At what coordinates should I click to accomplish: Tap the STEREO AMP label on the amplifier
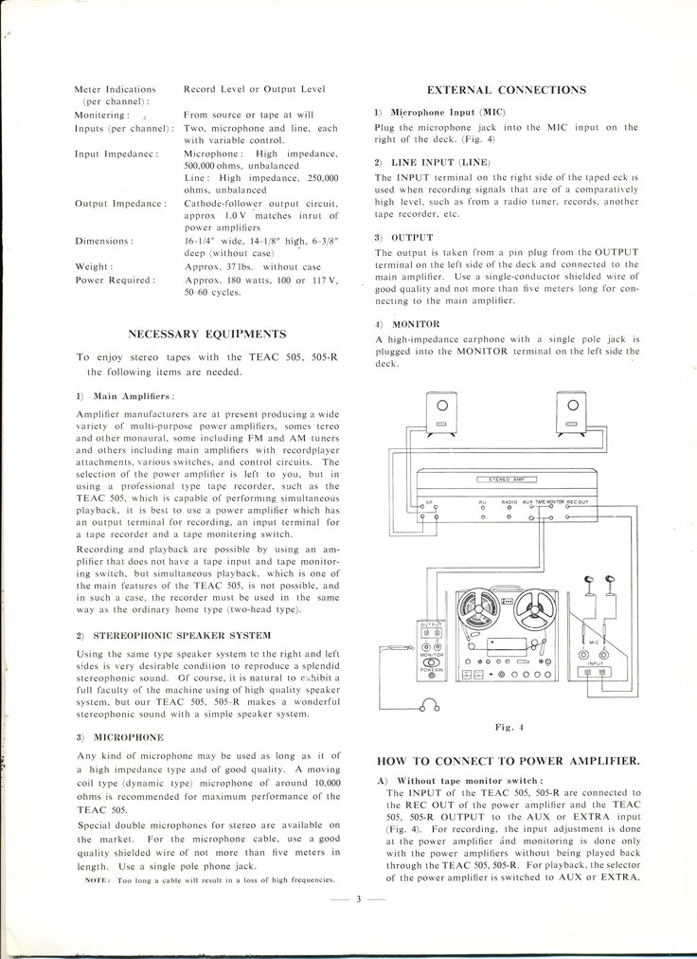506,481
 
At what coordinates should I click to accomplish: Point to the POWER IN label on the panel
417,668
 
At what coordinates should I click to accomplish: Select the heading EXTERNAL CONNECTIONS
507,90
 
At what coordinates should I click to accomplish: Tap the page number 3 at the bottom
359,898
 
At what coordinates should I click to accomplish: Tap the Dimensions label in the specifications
102,241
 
